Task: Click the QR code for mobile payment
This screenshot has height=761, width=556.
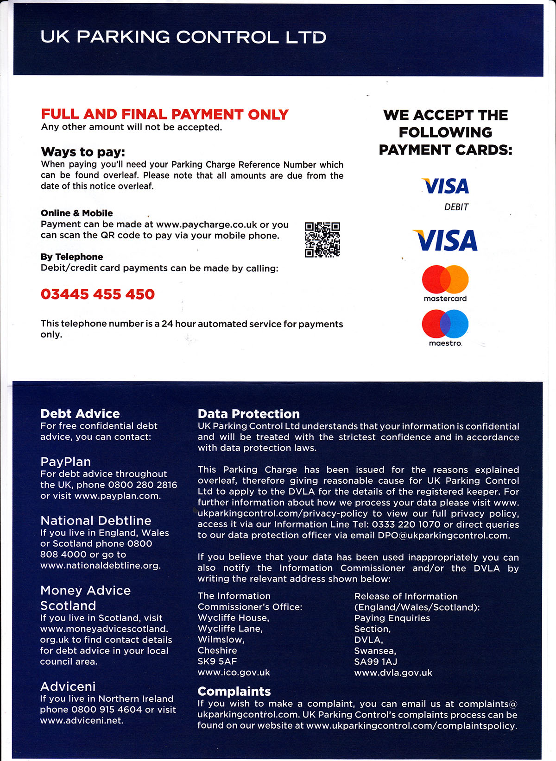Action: tap(322, 239)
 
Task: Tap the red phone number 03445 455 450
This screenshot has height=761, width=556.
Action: tap(98, 294)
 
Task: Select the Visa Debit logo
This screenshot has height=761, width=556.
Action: tap(446, 193)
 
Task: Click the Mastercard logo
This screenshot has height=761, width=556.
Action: tap(445, 283)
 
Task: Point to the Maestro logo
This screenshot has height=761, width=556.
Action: tap(445, 328)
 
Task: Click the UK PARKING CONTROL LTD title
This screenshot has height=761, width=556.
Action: tap(183, 37)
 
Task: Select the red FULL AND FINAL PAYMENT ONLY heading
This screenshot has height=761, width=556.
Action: tap(165, 114)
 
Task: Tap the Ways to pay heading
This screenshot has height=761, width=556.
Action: tap(83, 152)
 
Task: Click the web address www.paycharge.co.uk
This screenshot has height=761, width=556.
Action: tap(207, 225)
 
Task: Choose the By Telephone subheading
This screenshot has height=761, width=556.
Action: tap(72, 257)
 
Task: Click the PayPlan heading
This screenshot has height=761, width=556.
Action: tap(65, 462)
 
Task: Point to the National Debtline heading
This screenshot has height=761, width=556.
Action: tap(96, 520)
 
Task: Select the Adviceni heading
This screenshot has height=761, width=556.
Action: tap(68, 686)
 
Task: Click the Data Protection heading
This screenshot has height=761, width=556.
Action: tap(249, 414)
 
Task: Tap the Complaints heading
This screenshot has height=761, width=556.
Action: tap(234, 691)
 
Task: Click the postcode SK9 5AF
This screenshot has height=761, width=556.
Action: tap(217, 661)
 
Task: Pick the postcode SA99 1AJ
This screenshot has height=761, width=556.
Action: tap(376, 661)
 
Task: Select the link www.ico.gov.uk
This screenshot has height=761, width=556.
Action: tap(234, 672)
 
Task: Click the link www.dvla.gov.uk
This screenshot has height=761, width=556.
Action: tap(393, 672)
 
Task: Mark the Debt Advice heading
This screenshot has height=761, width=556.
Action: tap(80, 413)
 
